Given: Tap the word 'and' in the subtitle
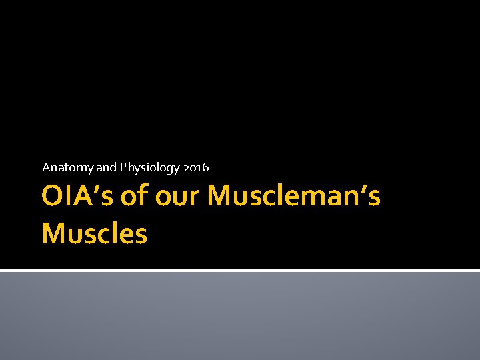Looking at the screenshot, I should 106,167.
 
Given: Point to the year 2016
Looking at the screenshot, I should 195,167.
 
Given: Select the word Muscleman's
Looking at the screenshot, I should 294,197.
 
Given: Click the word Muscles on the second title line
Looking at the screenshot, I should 94,233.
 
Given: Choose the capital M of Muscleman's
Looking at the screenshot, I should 221,197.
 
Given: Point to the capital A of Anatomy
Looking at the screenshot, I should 46,167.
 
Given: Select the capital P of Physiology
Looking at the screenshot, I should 123,167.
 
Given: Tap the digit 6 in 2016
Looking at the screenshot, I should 205,167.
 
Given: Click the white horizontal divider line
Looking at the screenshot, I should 240,270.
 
